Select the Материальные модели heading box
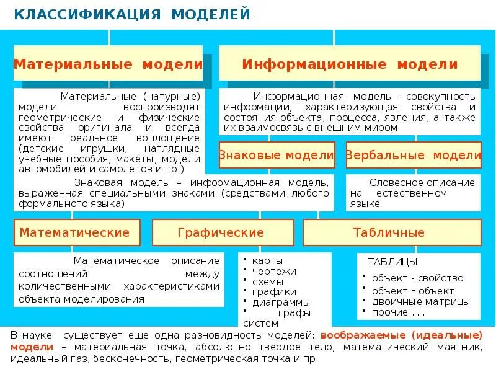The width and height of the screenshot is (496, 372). [x=108, y=64]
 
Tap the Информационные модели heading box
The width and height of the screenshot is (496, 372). [x=350, y=64]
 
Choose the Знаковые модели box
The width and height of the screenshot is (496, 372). [x=277, y=155]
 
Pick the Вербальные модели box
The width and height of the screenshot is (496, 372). [x=414, y=155]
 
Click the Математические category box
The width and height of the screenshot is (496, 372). [x=75, y=232]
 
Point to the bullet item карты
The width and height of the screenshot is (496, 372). [x=265, y=260]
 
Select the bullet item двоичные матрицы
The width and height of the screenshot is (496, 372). [x=420, y=301]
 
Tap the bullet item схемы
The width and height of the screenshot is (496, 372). [x=267, y=281]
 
